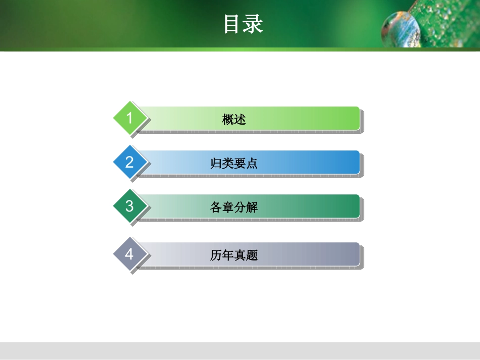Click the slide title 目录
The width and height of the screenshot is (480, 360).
pos(243,24)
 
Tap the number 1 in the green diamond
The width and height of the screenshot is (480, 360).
pos(129,118)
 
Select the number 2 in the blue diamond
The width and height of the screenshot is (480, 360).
pos(129,162)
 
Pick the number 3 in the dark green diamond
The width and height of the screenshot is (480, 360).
pos(129,206)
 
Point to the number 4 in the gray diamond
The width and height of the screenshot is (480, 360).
pos(129,254)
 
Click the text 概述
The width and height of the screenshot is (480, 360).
pos(234,120)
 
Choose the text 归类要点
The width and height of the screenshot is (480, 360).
pos(234,164)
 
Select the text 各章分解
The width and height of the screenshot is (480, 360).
pos(234,208)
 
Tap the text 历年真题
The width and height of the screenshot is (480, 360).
pos(234,255)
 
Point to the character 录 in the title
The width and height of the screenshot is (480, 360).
pos(253,24)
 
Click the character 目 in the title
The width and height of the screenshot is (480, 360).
pos(233,24)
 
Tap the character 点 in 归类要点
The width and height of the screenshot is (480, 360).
pos(252,164)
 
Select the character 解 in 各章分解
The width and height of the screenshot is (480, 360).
pos(252,208)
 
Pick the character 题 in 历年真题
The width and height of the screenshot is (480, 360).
pos(252,255)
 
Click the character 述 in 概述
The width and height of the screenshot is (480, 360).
pos(240,120)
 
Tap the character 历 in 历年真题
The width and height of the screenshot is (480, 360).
pos(216,255)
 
